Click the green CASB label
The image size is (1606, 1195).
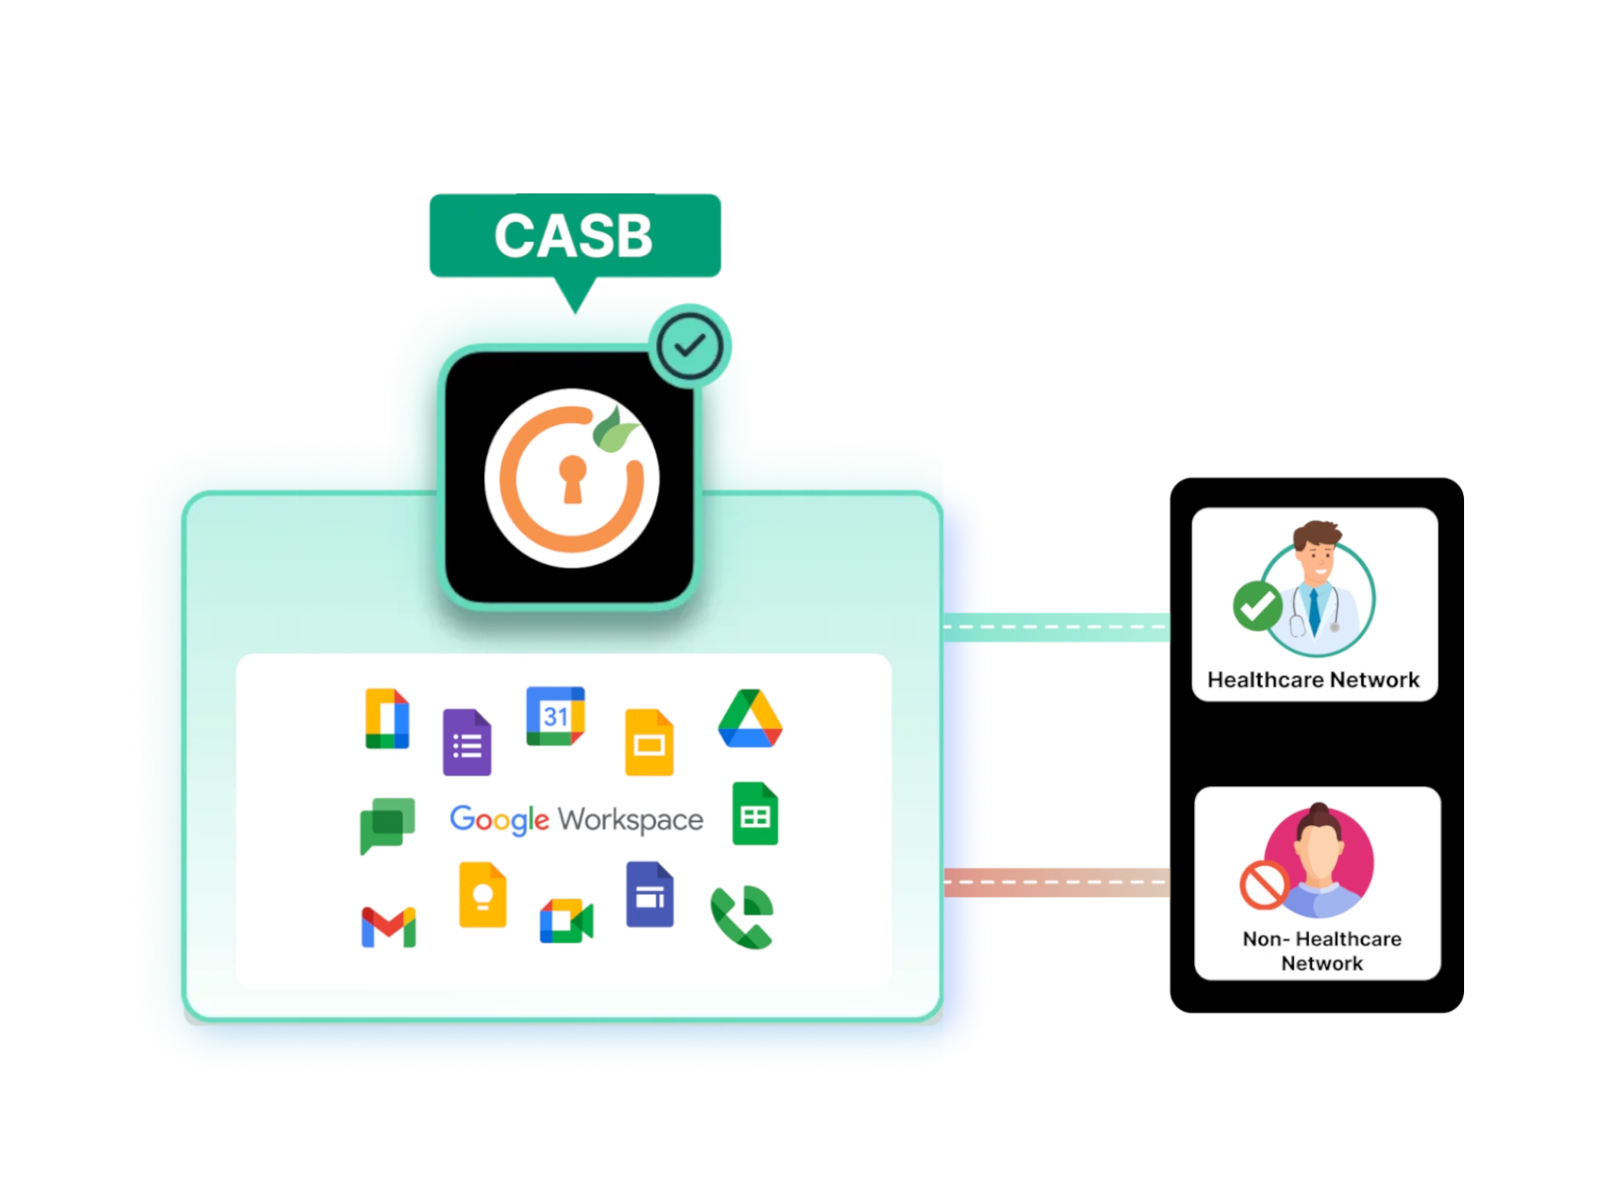click(574, 235)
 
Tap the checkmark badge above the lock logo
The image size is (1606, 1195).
click(688, 346)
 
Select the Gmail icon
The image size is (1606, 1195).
click(388, 926)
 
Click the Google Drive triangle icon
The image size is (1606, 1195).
click(750, 719)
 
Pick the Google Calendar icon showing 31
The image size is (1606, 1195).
click(555, 716)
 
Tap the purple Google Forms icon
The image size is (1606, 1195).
click(467, 742)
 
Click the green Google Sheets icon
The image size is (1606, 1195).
click(755, 814)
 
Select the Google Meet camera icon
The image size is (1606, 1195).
click(566, 920)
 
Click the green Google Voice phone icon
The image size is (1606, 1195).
click(741, 917)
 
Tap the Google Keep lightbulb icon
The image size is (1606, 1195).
click(482, 895)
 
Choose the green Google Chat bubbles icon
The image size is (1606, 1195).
click(387, 825)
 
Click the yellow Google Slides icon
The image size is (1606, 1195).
click(649, 742)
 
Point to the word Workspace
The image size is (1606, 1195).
click(630, 820)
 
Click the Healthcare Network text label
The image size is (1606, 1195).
click(1313, 680)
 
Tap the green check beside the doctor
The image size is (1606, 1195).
click(1257, 606)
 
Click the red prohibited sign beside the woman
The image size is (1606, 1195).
click(1263, 884)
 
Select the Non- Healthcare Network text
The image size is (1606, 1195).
click(1321, 951)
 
